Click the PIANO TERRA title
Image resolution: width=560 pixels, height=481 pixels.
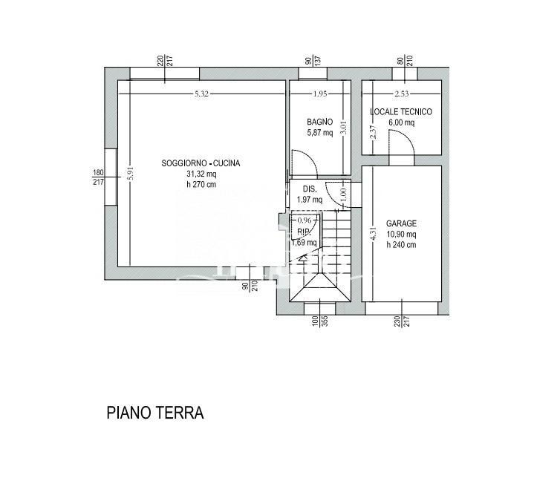154,413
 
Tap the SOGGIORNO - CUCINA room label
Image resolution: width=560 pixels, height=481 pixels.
201,163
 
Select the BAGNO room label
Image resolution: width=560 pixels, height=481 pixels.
320,122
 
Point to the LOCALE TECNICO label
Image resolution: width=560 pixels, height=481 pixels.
401,112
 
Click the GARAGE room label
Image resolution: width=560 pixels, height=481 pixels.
401,223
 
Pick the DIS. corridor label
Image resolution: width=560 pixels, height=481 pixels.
310,189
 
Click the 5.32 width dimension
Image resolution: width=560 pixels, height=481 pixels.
201,94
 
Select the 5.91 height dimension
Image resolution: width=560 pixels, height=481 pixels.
130,173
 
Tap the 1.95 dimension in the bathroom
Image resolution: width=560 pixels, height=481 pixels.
320,94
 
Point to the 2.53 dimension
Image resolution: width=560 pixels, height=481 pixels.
401,94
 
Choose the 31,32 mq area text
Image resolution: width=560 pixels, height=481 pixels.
201,174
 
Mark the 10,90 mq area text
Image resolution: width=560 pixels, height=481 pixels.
401,235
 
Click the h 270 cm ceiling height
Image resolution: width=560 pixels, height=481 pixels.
201,185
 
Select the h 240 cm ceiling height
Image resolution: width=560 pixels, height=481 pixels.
401,245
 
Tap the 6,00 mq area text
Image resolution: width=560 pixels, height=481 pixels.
401,123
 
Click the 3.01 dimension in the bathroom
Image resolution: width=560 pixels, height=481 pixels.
343,128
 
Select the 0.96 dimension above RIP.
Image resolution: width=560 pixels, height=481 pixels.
304,220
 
